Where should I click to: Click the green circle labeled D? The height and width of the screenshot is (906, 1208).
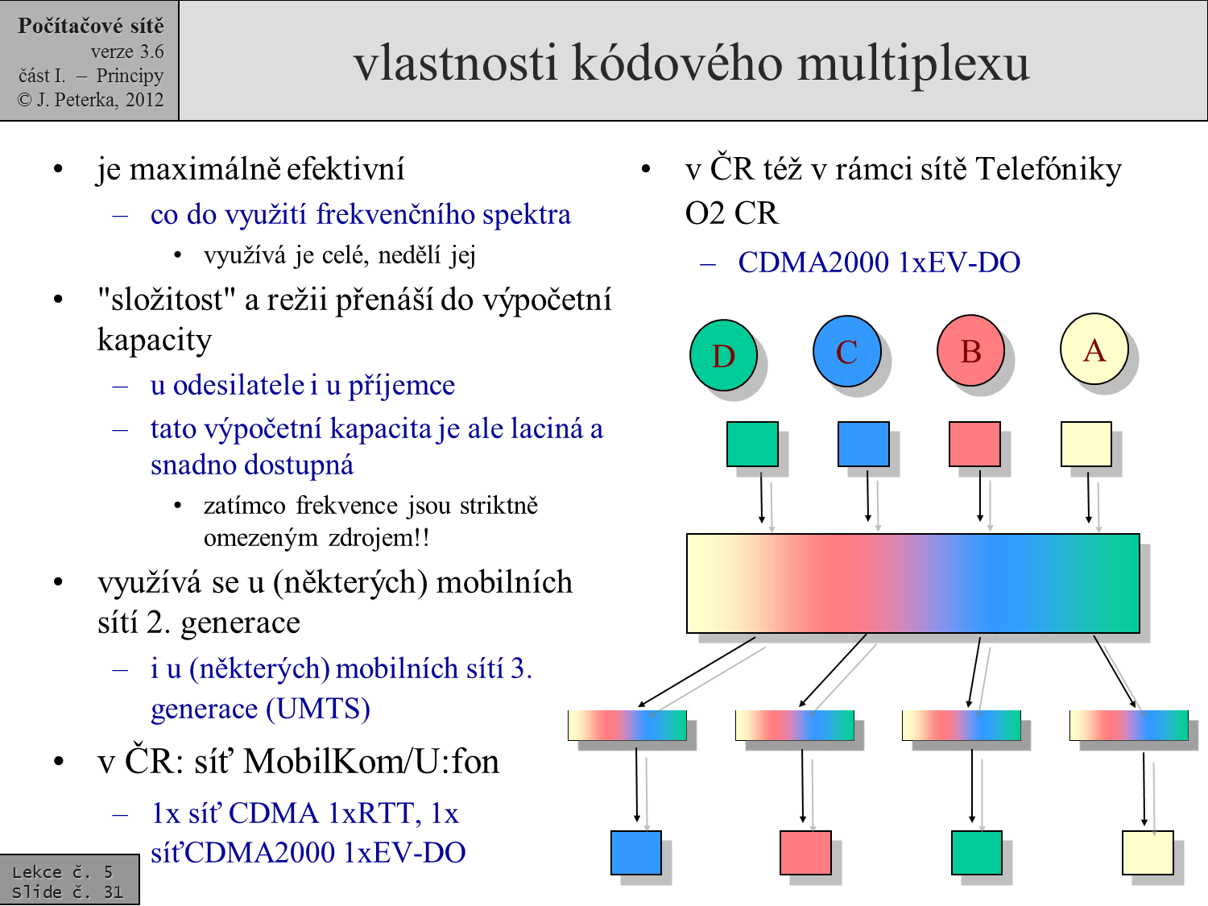click(x=723, y=355)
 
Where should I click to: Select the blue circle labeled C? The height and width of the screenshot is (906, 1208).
click(x=846, y=351)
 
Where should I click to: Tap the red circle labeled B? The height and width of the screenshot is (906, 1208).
click(x=970, y=350)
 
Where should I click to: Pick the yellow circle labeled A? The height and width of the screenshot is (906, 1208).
click(x=1094, y=349)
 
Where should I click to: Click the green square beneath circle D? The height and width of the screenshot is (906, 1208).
click(x=752, y=444)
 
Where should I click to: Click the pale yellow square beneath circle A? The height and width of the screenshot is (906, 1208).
click(x=1086, y=444)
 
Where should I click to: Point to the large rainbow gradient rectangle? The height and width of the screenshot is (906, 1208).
click(x=912, y=583)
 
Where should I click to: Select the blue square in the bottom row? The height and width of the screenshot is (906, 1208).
click(x=635, y=853)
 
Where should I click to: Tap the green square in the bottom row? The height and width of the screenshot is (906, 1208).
click(x=976, y=853)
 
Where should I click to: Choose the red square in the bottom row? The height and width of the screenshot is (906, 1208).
click(x=805, y=853)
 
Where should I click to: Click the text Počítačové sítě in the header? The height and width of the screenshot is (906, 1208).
click(x=90, y=26)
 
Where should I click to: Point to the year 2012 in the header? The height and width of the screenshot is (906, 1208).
click(x=144, y=100)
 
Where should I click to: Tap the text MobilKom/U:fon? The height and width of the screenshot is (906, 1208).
click(x=371, y=761)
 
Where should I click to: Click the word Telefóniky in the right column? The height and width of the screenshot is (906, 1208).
click(x=1048, y=169)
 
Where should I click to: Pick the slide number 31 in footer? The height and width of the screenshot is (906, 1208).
click(x=113, y=892)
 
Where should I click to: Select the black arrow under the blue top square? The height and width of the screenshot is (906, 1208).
click(x=867, y=496)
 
